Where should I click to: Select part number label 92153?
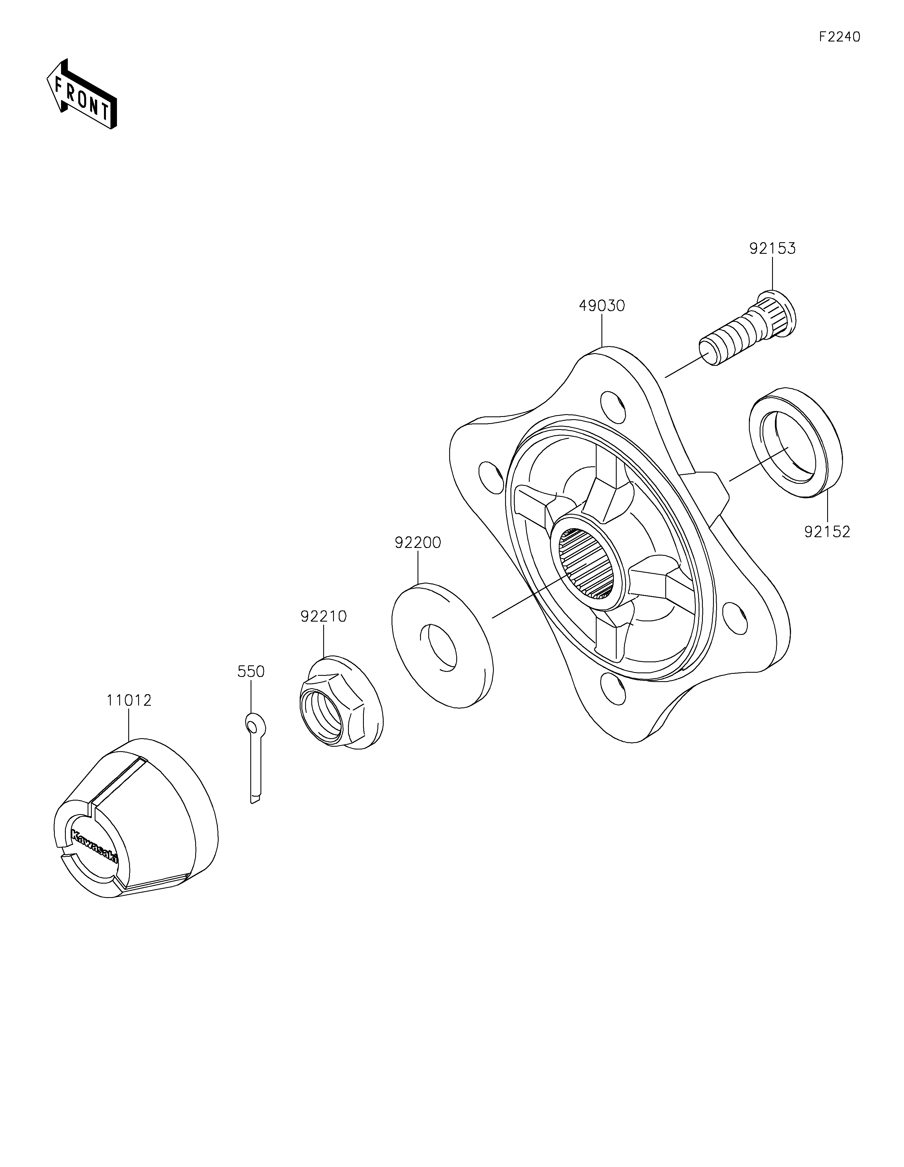coord(772,248)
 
